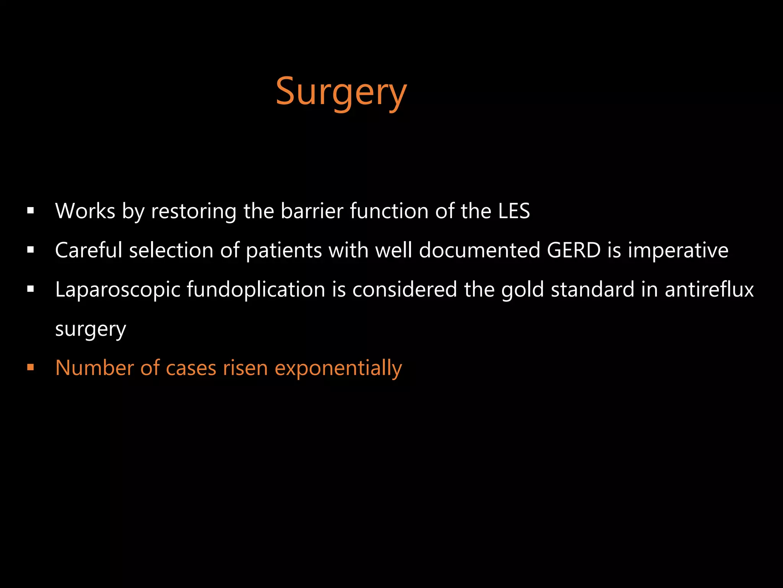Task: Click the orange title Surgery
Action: click(341, 92)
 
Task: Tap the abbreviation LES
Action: click(514, 211)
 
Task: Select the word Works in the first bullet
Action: click(85, 211)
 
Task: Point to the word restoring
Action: click(193, 212)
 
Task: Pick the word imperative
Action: click(678, 251)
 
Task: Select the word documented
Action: click(479, 250)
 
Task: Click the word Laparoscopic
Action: click(117, 290)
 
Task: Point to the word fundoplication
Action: click(256, 290)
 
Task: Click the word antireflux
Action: click(709, 289)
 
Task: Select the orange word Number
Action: click(94, 368)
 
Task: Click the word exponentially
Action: click(338, 369)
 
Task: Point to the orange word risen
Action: click(245, 368)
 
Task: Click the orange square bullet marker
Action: click(31, 368)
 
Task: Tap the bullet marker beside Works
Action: click(31, 211)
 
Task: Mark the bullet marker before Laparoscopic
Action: click(31, 289)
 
